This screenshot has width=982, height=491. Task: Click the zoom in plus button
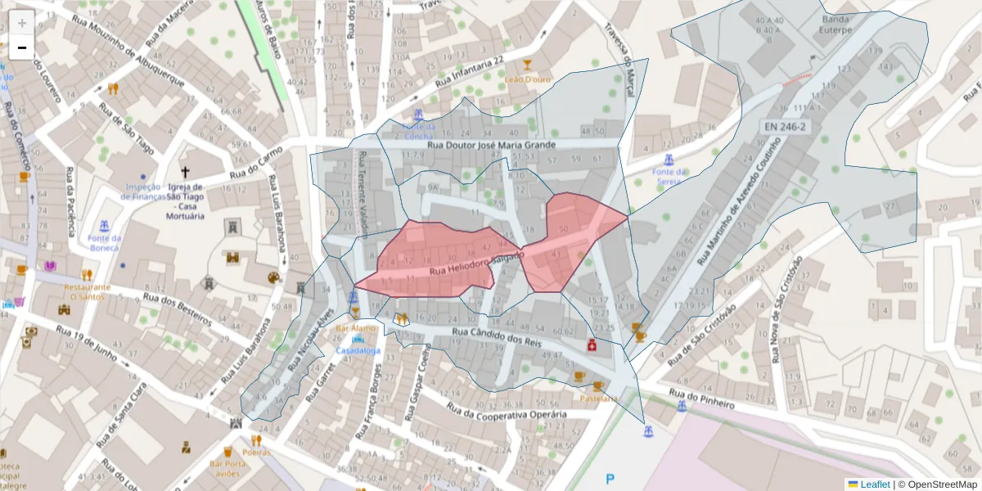click(22, 22)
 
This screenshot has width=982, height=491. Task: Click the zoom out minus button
click(22, 47)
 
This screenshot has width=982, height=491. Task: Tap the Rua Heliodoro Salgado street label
click(475, 264)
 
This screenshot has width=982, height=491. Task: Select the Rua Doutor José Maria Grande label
click(492, 145)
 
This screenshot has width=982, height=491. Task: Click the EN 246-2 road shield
click(785, 127)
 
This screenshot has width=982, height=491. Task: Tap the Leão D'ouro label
click(528, 79)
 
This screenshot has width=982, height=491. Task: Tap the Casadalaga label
click(358, 350)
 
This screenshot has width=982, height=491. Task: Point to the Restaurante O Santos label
click(87, 292)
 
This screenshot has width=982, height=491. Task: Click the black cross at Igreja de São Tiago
click(185, 173)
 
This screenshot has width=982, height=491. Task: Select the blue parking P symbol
click(609, 479)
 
